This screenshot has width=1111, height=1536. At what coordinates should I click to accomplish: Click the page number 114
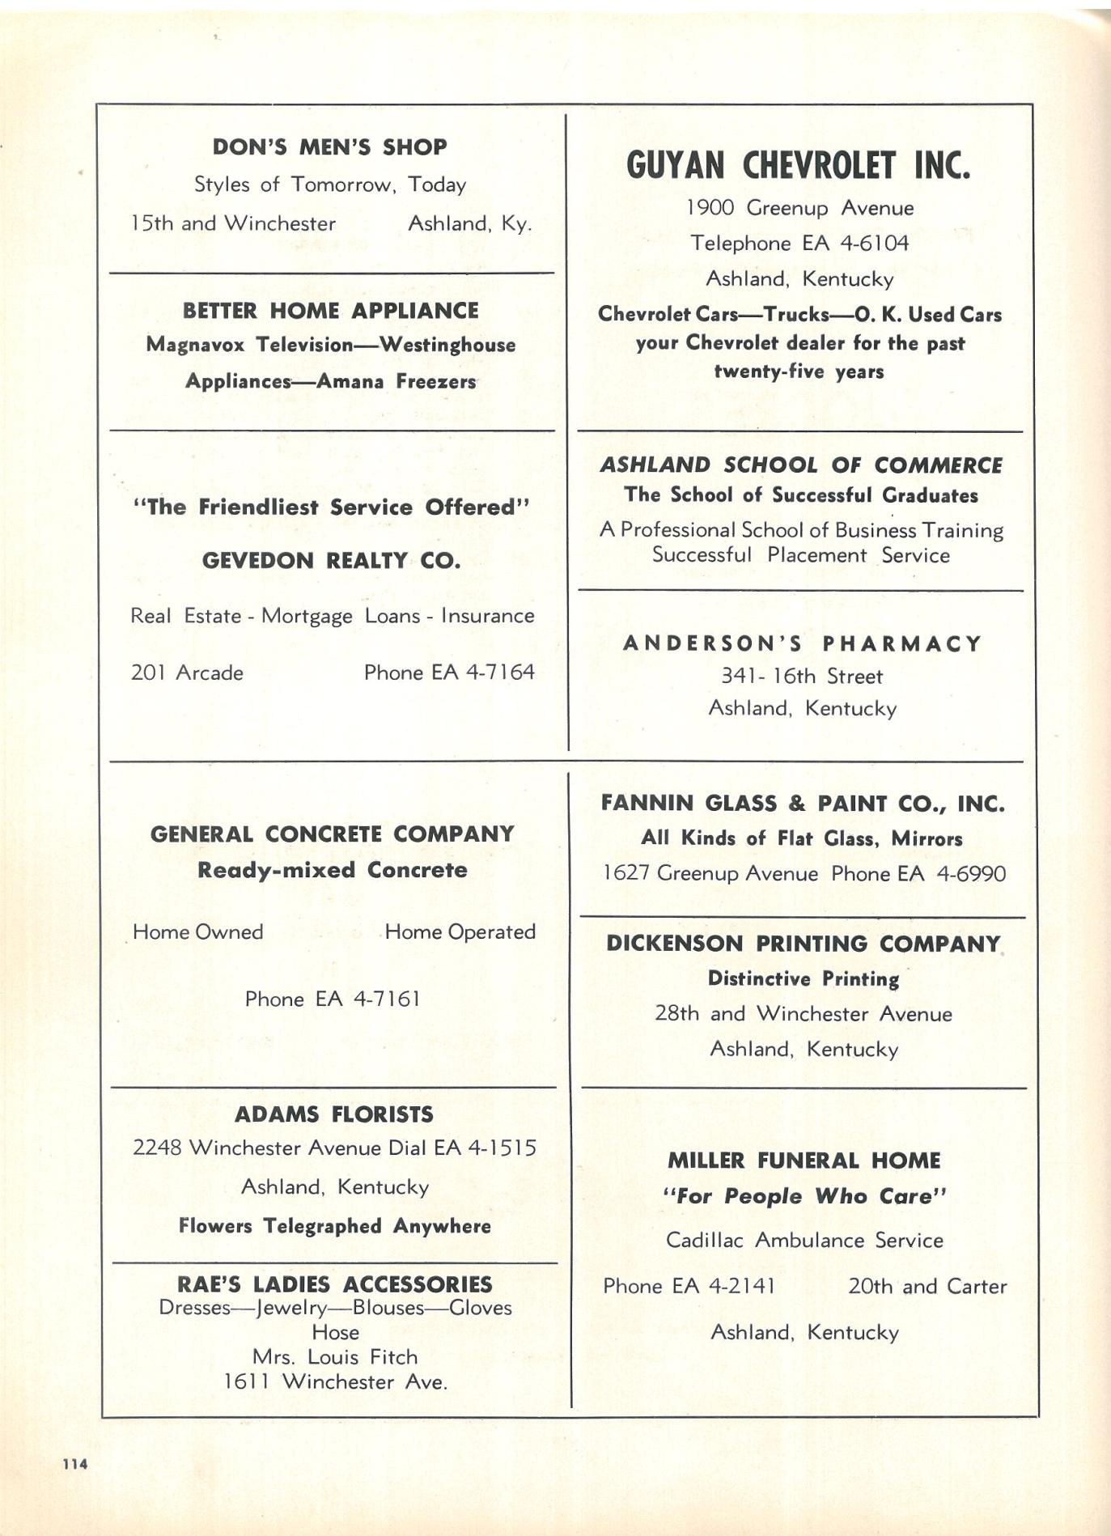(x=75, y=1463)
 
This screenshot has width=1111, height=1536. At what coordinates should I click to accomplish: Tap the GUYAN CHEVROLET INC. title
(x=798, y=166)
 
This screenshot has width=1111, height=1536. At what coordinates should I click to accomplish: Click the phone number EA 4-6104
(x=855, y=244)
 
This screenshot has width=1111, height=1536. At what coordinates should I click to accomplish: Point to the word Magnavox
(x=195, y=345)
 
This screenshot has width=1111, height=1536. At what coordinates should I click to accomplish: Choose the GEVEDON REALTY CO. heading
(x=331, y=561)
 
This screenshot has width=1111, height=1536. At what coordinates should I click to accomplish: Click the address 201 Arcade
(x=187, y=673)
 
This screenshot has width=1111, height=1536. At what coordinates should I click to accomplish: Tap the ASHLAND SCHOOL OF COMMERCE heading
(x=800, y=465)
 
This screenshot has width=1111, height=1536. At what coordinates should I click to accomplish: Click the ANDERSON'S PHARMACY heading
(x=802, y=644)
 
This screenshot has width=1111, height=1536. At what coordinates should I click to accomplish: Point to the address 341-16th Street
(x=802, y=677)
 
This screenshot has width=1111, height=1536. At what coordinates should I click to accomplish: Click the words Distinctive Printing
(x=803, y=979)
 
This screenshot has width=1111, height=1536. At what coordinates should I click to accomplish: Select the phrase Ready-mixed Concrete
(x=332, y=871)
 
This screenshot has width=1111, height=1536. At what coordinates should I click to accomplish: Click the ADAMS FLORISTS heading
(x=333, y=1114)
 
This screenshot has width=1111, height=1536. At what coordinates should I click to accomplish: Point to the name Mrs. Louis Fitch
(x=335, y=1357)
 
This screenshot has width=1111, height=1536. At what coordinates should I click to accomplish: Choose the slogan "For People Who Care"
(x=804, y=1197)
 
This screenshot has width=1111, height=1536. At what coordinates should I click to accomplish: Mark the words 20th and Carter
(x=927, y=1287)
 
